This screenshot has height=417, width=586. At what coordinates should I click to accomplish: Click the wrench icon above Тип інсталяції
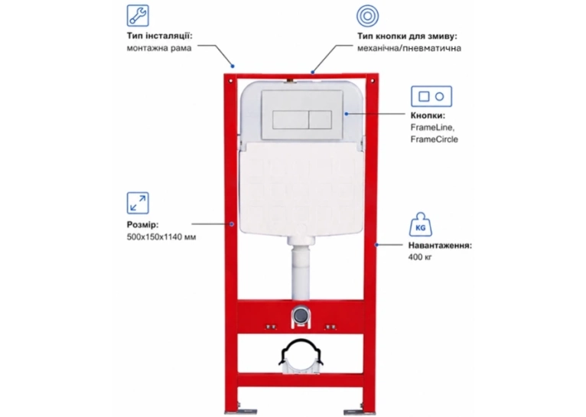(x=138, y=15)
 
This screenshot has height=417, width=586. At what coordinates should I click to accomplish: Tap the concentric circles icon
(x=367, y=16)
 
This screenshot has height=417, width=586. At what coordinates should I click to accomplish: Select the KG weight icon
(x=421, y=224)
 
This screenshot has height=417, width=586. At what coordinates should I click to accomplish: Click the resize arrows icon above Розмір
(x=138, y=203)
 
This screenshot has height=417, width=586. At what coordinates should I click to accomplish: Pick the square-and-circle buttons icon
(x=431, y=96)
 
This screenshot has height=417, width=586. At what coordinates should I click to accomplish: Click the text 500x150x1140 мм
(x=161, y=237)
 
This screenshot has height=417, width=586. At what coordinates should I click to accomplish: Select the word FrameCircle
(x=434, y=139)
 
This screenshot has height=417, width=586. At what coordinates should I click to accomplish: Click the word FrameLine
(x=432, y=128)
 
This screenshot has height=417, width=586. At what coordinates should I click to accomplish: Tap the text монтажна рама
(x=159, y=48)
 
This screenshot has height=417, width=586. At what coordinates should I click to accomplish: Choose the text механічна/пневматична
(x=409, y=48)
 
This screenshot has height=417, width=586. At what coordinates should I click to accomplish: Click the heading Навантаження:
(x=440, y=246)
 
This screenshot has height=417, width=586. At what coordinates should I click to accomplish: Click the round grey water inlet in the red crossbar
(x=300, y=316)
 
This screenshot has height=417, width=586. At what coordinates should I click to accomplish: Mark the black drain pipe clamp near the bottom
(x=301, y=352)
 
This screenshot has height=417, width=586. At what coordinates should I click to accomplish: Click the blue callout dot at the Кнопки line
(x=347, y=113)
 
